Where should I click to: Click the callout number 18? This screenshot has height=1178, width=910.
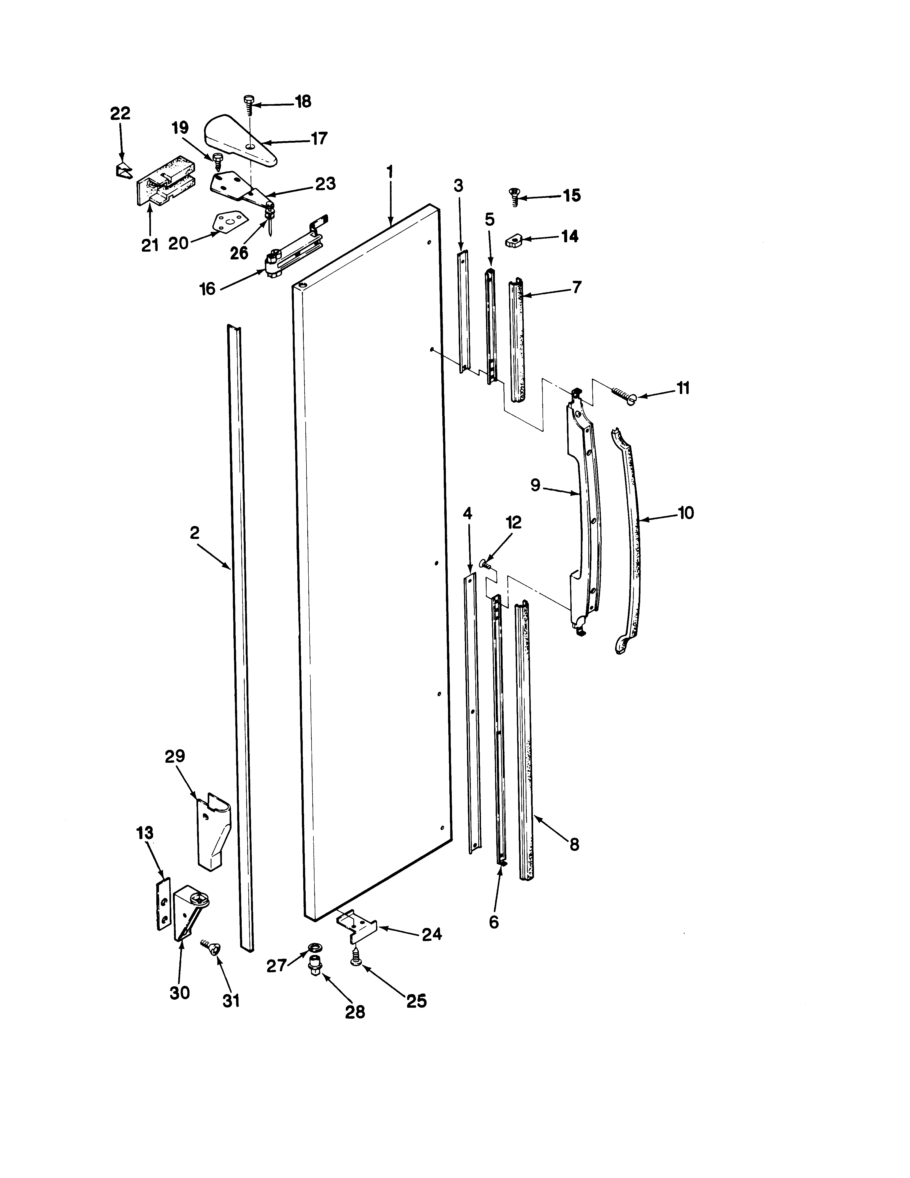coord(303,101)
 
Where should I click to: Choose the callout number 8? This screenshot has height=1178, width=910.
coord(574,844)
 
